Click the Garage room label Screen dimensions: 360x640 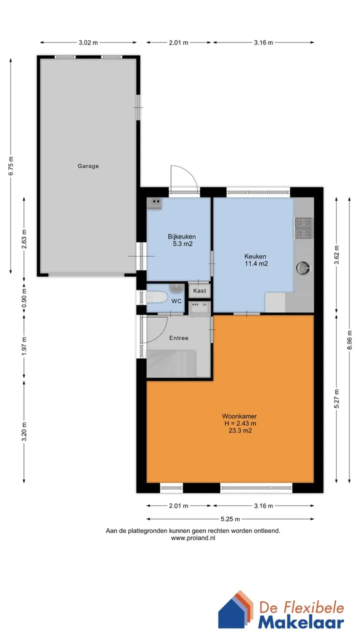pos(88,166)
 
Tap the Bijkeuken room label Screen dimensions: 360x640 pos(181,236)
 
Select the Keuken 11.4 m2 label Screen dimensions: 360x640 pos(256,260)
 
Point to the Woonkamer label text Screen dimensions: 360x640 pos(239,416)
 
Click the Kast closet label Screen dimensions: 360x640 pos(199,291)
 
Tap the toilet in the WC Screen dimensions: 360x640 pos(156,297)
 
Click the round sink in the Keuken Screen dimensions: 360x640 pos(303,268)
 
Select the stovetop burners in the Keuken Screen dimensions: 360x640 pos(303,228)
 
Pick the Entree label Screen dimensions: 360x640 pos(179,338)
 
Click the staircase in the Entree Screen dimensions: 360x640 pos(171,363)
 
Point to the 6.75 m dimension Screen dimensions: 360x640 pos(11,166)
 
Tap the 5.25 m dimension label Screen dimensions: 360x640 pos(230,519)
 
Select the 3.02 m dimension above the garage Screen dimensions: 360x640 pos(88,42)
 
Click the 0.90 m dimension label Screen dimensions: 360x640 pos(24,298)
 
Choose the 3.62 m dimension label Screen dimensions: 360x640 pos(336,255)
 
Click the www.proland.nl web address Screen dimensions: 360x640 pos(193,538)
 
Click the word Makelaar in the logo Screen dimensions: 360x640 pos(301,622)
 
